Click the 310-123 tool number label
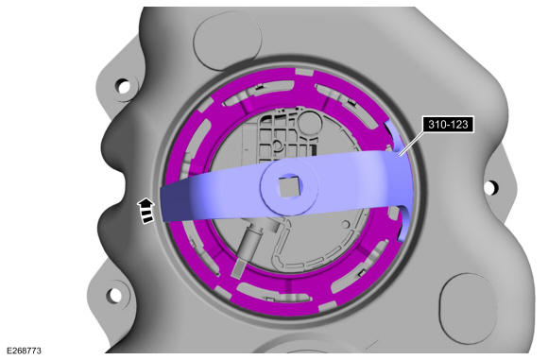(x=448, y=125)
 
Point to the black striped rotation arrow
(x=146, y=210)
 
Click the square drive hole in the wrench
(x=289, y=186)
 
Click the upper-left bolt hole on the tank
(x=124, y=86)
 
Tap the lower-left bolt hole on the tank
(x=114, y=296)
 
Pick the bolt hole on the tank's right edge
(x=491, y=187)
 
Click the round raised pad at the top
(x=227, y=39)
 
